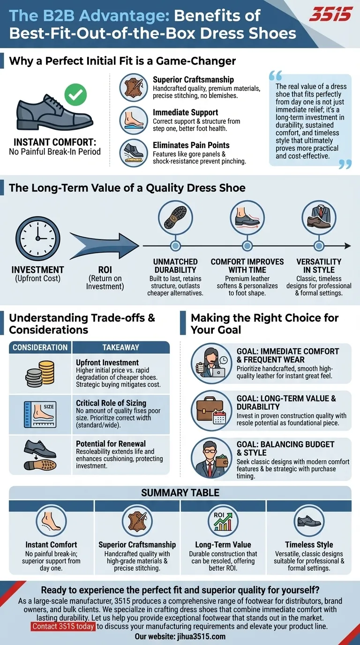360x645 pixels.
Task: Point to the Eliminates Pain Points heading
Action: (191, 145)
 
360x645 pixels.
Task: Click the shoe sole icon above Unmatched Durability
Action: (175, 217)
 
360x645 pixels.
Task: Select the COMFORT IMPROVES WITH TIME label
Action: (247, 266)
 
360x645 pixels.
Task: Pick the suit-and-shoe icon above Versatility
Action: (319, 217)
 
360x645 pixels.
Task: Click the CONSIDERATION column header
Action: (40, 347)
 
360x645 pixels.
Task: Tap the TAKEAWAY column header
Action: (121, 347)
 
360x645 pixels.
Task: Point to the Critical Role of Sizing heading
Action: (111, 403)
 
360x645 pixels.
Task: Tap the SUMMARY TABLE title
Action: (180, 493)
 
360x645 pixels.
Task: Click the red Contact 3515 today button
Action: (63, 627)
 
